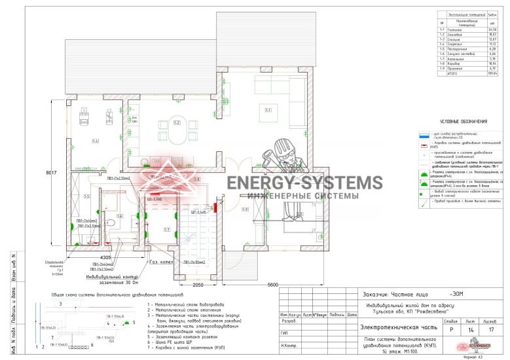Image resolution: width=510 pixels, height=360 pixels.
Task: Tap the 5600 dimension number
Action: [274, 285]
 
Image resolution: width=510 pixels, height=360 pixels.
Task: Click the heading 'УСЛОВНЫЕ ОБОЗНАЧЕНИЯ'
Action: [463, 121]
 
